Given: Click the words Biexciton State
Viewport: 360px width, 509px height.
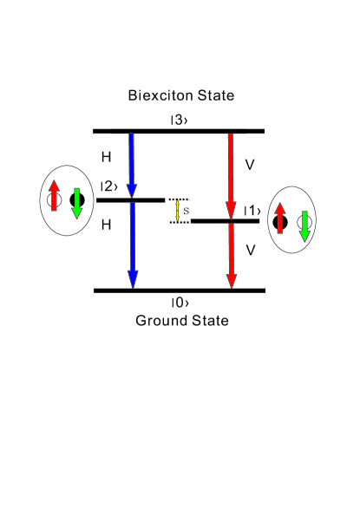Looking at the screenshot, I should [180, 95].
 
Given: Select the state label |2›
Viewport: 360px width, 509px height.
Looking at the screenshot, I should [108, 186].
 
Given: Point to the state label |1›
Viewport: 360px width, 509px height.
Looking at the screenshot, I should [252, 211].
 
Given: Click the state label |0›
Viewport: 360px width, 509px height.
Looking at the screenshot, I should [180, 303].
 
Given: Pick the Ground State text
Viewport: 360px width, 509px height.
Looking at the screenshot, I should [181, 321].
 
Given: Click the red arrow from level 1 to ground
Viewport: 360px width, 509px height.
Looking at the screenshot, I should [231, 255].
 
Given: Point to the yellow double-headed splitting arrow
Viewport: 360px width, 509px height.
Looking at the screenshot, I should [178, 211].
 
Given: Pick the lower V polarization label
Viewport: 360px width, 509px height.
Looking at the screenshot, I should [250, 250].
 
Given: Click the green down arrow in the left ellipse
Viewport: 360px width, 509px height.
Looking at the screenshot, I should [77, 203].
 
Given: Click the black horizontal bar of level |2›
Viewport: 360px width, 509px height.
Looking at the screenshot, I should [130, 200].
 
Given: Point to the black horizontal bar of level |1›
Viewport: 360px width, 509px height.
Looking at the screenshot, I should [224, 222].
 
